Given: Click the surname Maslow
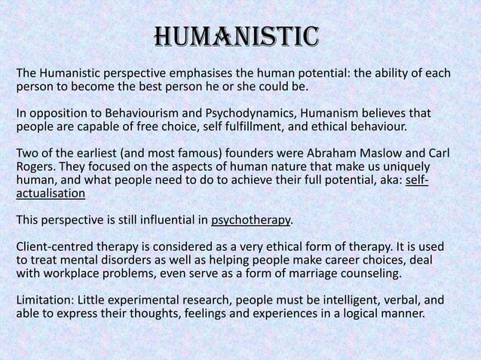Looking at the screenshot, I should click(x=381, y=154).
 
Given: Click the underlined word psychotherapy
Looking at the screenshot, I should click(x=250, y=221).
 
